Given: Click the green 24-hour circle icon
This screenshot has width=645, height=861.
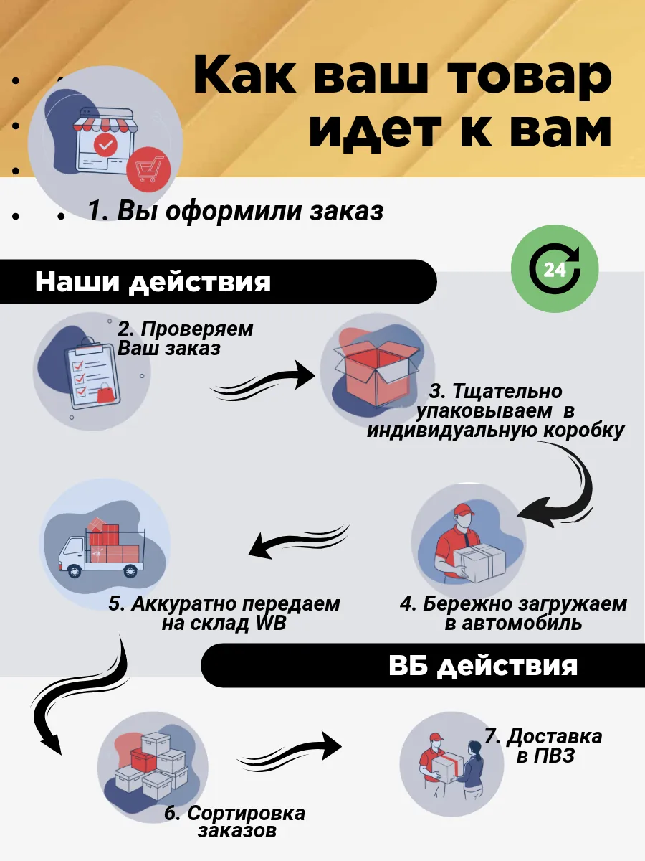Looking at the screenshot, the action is pyautogui.click(x=555, y=268).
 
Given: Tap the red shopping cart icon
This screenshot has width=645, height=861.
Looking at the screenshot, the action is pyautogui.click(x=148, y=169).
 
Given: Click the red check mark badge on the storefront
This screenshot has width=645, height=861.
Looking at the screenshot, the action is pyautogui.click(x=105, y=145).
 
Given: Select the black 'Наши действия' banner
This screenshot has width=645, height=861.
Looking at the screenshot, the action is pyautogui.click(x=218, y=281).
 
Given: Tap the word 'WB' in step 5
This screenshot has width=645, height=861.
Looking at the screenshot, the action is pyautogui.click(x=271, y=623).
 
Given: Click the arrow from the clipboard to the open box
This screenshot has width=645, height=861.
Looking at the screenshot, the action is pyautogui.click(x=263, y=380).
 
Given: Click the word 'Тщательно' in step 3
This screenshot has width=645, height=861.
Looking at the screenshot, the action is pyautogui.click(x=507, y=392).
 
